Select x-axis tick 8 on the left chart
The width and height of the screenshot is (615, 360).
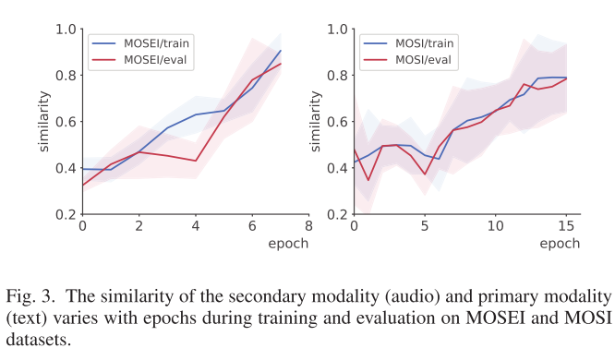(x=308, y=227)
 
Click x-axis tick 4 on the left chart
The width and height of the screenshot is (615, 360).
(x=196, y=227)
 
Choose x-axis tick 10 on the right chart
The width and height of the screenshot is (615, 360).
(x=495, y=227)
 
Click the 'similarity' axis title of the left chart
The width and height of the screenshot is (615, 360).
(x=43, y=121)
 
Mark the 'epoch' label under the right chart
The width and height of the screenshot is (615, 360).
(x=561, y=244)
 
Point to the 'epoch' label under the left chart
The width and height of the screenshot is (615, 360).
(x=289, y=244)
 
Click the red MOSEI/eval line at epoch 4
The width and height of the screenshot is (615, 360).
(x=196, y=161)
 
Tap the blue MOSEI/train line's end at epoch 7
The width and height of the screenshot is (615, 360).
(x=281, y=51)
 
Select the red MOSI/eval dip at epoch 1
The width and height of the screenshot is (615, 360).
(x=368, y=180)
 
